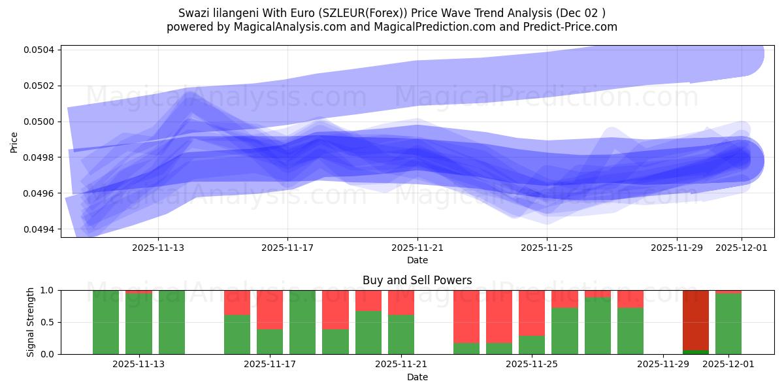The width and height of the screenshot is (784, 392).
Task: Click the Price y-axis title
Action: click(x=14, y=141)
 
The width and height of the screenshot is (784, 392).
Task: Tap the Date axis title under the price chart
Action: click(x=417, y=260)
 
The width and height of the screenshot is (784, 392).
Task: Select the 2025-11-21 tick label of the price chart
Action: click(x=417, y=248)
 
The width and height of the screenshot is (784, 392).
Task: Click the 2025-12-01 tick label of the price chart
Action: click(x=742, y=248)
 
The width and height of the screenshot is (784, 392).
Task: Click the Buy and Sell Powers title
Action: click(x=417, y=280)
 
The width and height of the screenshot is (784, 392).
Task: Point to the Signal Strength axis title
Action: click(x=31, y=322)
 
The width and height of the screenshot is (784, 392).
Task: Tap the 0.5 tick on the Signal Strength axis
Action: click(x=48, y=322)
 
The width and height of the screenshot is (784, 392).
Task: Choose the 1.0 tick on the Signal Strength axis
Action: click(x=48, y=290)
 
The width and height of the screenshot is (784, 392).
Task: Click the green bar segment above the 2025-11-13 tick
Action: click(x=139, y=324)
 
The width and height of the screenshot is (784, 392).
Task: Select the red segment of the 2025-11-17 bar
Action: click(x=270, y=309)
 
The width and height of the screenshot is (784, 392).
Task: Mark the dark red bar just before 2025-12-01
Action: click(x=696, y=319)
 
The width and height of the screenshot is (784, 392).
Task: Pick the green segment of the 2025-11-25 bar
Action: click(x=532, y=345)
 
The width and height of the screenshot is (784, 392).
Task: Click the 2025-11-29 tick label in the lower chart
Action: click(x=663, y=365)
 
